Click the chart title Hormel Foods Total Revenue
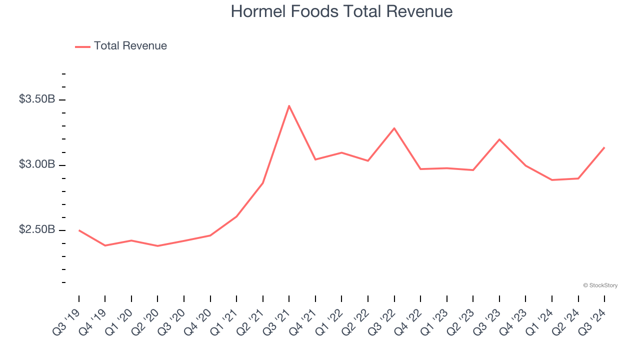pyautogui.click(x=341, y=11)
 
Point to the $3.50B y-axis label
pyautogui.click(x=37, y=99)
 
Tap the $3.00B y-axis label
pyautogui.click(x=37, y=164)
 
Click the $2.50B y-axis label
pyautogui.click(x=37, y=229)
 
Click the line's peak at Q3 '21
pyautogui.click(x=289, y=106)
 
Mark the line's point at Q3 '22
pyautogui.click(x=394, y=128)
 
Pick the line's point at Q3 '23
pyautogui.click(x=499, y=139)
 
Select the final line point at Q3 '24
pyautogui.click(x=604, y=147)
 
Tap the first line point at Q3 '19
pyautogui.click(x=79, y=230)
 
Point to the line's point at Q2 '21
pyautogui.click(x=262, y=183)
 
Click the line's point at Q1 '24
pyautogui.click(x=551, y=180)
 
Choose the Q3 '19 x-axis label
pyautogui.click(x=66, y=320)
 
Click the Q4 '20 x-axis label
pyautogui.click(x=197, y=320)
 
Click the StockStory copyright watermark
pyautogui.click(x=600, y=285)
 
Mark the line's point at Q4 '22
pyautogui.click(x=420, y=169)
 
